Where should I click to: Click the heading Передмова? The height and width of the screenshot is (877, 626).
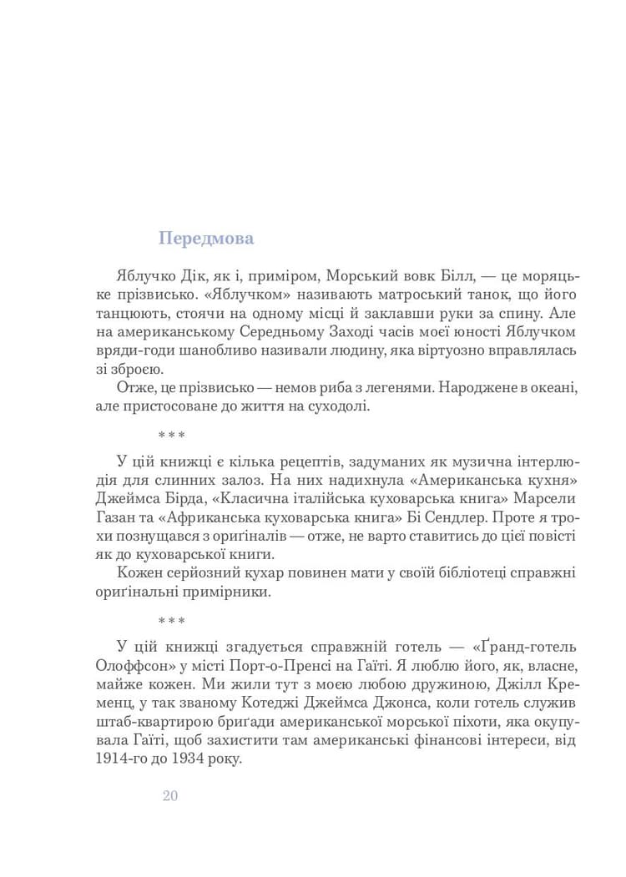206,239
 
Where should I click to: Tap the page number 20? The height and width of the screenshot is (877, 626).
170,795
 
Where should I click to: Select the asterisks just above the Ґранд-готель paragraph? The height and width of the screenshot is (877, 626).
170,622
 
